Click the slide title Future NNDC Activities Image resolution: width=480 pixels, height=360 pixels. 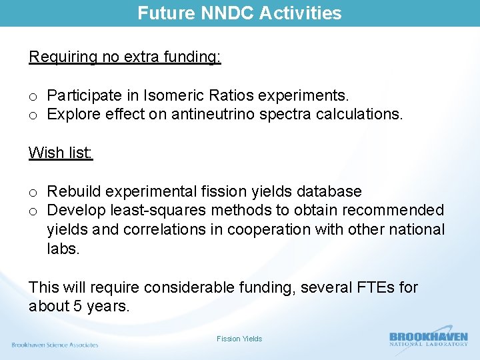(239, 13)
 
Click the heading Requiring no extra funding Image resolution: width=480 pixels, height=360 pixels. (125, 57)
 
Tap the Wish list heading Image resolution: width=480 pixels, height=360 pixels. (61, 153)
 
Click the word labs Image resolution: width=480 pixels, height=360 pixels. (63, 248)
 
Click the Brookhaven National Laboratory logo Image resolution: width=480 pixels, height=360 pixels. (428, 339)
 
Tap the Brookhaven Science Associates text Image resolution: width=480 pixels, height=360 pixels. (55, 345)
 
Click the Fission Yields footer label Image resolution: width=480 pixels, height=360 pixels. (239, 339)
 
